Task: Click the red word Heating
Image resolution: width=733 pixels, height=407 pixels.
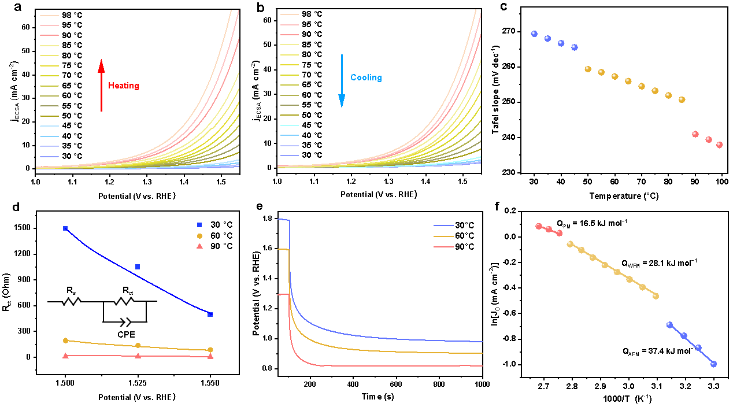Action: pos(124,86)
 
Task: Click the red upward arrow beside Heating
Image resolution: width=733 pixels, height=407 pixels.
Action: pos(101,85)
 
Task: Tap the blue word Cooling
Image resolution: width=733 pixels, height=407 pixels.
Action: pos(366,77)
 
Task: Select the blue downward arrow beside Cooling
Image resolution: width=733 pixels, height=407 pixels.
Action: pos(342,81)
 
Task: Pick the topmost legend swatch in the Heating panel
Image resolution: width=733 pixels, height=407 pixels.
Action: pos(49,16)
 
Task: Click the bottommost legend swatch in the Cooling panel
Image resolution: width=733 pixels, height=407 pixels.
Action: pos(290,156)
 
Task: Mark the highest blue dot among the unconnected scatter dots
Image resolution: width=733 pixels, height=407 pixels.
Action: pos(534,34)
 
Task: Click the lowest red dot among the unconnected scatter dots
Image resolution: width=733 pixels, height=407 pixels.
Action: pos(720,145)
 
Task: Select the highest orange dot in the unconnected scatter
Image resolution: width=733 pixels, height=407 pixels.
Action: pos(588,69)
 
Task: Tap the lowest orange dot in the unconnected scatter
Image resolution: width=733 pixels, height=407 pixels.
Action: pos(682,99)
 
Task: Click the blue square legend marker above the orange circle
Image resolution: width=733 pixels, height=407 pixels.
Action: pos(199,224)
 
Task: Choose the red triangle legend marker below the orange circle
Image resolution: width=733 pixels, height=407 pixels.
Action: pos(199,246)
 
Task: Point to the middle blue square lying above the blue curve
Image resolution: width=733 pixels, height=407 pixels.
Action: pos(138,267)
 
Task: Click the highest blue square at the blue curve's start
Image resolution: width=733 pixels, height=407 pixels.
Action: pos(65,228)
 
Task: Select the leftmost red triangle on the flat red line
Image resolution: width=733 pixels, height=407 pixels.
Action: pos(65,356)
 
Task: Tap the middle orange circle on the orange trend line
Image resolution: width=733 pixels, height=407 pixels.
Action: pos(138,345)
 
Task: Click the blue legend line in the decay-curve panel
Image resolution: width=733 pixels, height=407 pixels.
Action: pos(443,225)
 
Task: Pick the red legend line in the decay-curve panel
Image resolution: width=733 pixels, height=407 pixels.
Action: pos(443,247)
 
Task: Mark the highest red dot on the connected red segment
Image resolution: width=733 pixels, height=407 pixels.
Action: pos(539,226)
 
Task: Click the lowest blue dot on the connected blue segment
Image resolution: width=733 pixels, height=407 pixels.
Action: pos(713,364)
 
